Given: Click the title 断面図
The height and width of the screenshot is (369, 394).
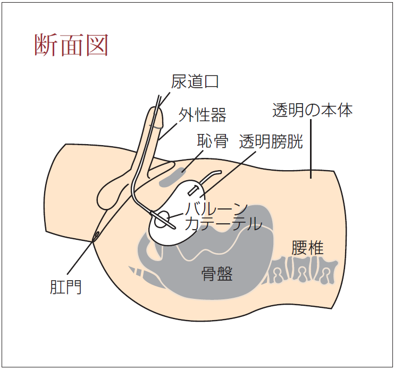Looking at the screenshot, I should coord(71,46).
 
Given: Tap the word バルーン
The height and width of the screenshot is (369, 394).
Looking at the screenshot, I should coord(215,208).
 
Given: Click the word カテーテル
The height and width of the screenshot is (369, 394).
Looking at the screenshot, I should coord(223,224).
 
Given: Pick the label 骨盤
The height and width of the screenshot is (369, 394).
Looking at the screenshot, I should coord(217,274).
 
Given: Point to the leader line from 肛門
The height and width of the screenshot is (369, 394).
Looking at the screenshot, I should coord(80,261).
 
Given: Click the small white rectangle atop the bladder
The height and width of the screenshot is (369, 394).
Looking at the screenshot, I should coord(194,189).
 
